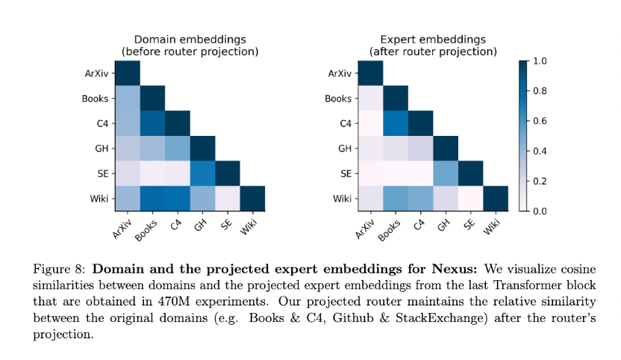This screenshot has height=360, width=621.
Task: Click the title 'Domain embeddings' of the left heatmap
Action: click(190, 40)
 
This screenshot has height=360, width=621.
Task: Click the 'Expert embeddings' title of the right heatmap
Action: click(433, 40)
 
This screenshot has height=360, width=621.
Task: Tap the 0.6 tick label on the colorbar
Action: click(540, 121)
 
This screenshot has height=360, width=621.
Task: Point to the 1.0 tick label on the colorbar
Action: click(540, 61)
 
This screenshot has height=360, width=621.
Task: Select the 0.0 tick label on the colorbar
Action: click(540, 211)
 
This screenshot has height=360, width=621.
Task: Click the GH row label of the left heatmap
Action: click(102, 149)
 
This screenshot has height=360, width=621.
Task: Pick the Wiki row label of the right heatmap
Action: click(342, 198)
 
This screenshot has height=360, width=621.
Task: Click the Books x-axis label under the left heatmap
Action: click(146, 230)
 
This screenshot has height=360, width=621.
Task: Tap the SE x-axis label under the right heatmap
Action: click(469, 225)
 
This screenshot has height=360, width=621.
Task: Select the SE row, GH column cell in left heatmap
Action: click(202, 173)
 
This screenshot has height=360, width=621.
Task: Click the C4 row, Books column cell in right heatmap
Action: click(396, 123)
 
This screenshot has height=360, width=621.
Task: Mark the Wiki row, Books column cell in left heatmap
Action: click(152, 198)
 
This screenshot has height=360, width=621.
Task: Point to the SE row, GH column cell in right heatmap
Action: click(446, 173)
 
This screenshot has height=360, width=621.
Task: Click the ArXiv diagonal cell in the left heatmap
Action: click(128, 73)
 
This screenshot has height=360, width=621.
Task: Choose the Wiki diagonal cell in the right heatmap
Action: click(496, 198)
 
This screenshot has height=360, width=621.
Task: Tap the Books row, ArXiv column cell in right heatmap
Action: click(370, 99)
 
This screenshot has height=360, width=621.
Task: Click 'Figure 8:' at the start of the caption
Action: click(59, 269)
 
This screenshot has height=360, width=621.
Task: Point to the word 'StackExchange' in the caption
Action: click(441, 318)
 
